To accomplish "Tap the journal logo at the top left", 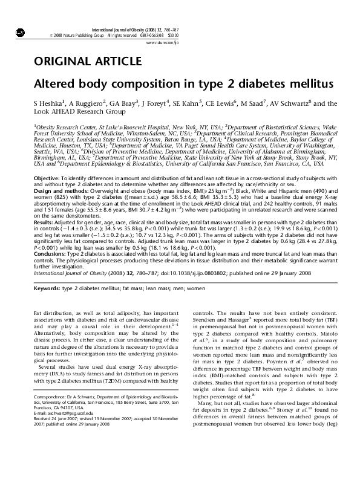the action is (x=19, y=31).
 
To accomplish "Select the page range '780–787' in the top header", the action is (x=171, y=29).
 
